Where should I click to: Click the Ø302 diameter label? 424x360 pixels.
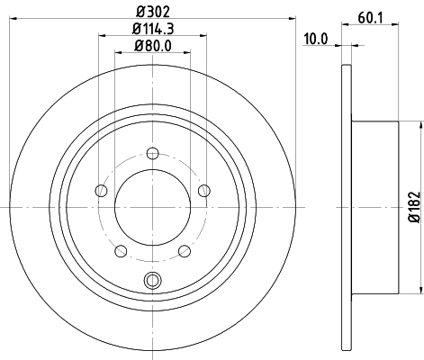[x=153, y=12]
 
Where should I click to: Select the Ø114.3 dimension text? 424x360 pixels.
[x=153, y=29]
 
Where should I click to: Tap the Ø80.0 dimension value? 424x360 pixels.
[x=153, y=46]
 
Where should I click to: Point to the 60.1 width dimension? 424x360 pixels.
[x=370, y=18]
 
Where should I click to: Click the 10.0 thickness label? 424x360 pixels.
[x=316, y=39]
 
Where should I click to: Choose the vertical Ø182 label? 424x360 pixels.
[x=415, y=207]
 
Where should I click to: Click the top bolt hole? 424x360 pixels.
[x=153, y=153]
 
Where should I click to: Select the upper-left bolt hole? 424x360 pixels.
[x=101, y=191]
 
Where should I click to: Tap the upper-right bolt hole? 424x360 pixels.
[x=204, y=191]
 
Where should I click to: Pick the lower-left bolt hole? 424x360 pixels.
[x=121, y=251]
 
